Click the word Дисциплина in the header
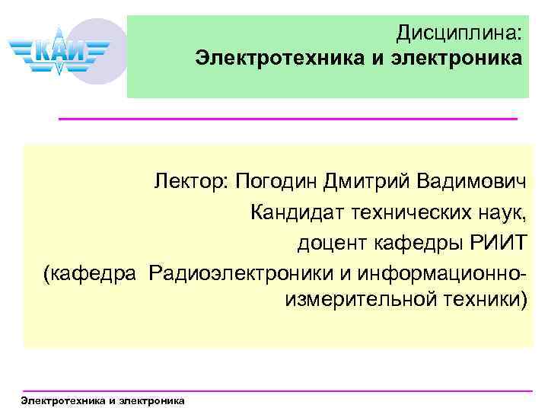point(459,33)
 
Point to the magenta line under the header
point(288,119)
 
